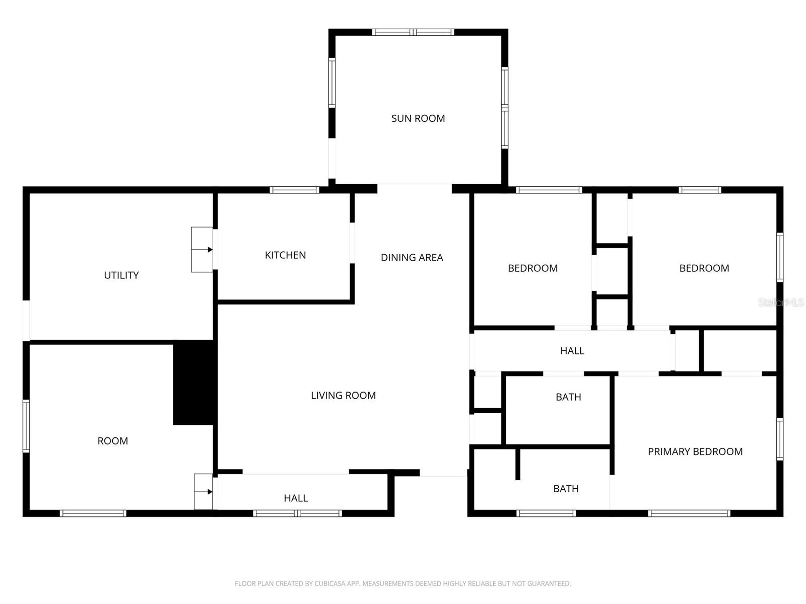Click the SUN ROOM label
pyautogui.click(x=418, y=118)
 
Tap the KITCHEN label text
pyautogui.click(x=285, y=255)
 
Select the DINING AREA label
pyautogui.click(x=412, y=258)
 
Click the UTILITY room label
pyautogui.click(x=121, y=275)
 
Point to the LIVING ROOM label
pyautogui.click(x=344, y=395)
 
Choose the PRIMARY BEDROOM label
pyautogui.click(x=695, y=451)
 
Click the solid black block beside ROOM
pyautogui.click(x=194, y=383)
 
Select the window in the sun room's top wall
pyautogui.click(x=413, y=32)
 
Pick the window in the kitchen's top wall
pyautogui.click(x=295, y=190)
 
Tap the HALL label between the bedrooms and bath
pyautogui.click(x=572, y=351)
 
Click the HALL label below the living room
pyautogui.click(x=296, y=498)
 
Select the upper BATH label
pyautogui.click(x=568, y=397)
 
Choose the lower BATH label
pyautogui.click(x=566, y=489)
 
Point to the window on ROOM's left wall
pyautogui.click(x=26, y=426)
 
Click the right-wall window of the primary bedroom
pyautogui.click(x=780, y=439)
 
